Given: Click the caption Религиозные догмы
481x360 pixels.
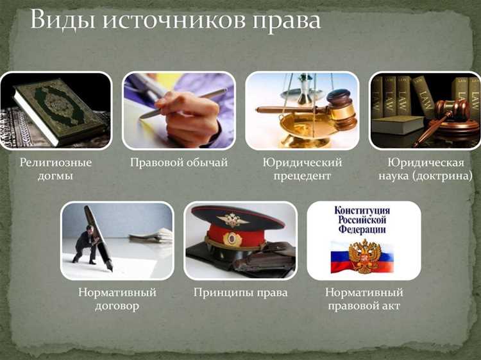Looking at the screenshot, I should click(x=55, y=169).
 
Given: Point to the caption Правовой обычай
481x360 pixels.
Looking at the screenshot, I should click(x=179, y=162).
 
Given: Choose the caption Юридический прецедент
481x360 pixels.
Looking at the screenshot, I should click(x=302, y=169).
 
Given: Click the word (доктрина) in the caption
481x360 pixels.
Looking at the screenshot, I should click(x=443, y=175).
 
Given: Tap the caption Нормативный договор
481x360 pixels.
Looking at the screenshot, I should click(x=117, y=298).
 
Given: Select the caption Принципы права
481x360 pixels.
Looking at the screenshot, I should click(x=240, y=293).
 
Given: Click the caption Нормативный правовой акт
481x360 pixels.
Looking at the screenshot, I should click(x=364, y=298).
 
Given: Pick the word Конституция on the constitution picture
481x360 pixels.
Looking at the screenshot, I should click(x=363, y=210).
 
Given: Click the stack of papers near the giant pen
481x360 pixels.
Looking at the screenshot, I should click(x=151, y=234).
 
